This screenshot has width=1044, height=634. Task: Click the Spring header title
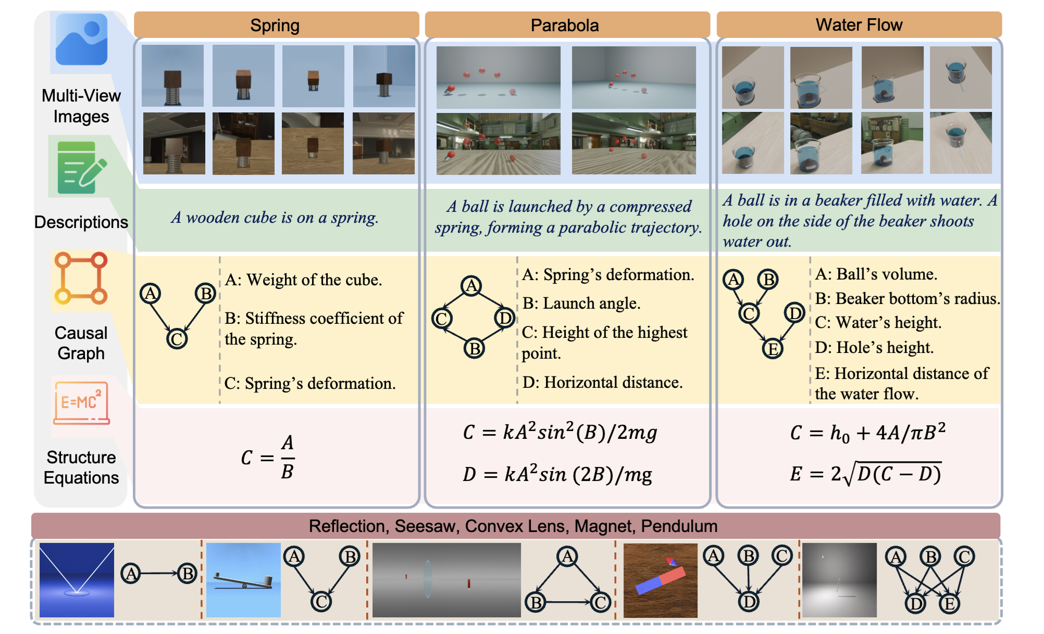pyautogui.click(x=275, y=26)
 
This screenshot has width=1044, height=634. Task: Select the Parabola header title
pyautogui.click(x=565, y=26)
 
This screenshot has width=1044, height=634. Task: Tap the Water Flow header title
pyautogui.click(x=859, y=25)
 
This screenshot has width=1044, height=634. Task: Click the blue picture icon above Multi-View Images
pyautogui.click(x=81, y=40)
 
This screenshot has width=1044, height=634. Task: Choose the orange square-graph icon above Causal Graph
pyautogui.click(x=81, y=278)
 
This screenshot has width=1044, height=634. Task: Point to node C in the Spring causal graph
pyautogui.click(x=177, y=339)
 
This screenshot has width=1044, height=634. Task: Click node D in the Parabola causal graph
pyautogui.click(x=504, y=318)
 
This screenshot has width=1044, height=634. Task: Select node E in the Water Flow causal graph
pyautogui.click(x=772, y=349)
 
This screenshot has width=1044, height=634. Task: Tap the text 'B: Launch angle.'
pyautogui.click(x=581, y=303)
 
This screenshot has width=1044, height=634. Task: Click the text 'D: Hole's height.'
pyautogui.click(x=874, y=347)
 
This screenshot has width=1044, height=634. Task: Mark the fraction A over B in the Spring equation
pyautogui.click(x=288, y=457)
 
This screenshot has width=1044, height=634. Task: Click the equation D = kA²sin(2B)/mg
pyautogui.click(x=557, y=474)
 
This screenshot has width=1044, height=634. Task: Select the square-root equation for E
pyautogui.click(x=865, y=474)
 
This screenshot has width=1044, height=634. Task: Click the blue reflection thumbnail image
pyautogui.click(x=77, y=580)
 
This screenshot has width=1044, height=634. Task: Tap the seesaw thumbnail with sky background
pyautogui.click(x=243, y=580)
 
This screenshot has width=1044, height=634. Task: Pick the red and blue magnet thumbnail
pyautogui.click(x=660, y=580)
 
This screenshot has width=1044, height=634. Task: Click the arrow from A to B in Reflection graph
pyautogui.click(x=159, y=573)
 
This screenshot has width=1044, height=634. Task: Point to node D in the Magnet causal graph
pyautogui.click(x=748, y=602)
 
